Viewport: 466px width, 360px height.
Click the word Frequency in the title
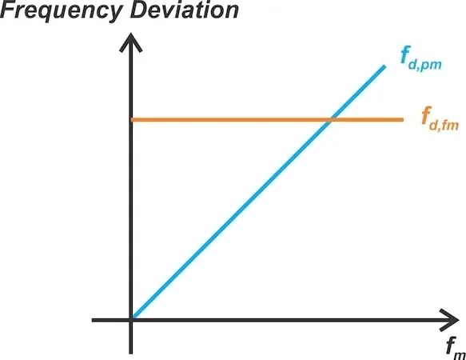point(61,11)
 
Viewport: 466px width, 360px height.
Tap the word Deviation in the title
point(185,10)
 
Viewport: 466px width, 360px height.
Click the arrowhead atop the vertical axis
point(131,42)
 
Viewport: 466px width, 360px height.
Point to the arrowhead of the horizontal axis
point(449,320)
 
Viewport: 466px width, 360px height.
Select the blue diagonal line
point(258,193)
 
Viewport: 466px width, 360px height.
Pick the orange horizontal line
point(267,120)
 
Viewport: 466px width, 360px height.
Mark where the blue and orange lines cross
point(331,120)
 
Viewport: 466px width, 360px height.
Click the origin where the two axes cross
point(131,320)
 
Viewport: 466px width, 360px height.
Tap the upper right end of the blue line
point(384,66)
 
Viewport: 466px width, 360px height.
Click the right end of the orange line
point(403,120)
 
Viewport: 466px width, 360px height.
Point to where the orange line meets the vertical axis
point(131,120)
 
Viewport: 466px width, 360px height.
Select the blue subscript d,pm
point(425,64)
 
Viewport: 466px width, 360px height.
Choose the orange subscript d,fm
point(444,125)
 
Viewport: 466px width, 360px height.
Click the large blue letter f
point(405,55)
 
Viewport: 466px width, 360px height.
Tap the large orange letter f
point(427,115)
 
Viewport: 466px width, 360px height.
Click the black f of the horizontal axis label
point(452,346)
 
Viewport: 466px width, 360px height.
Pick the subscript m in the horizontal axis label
point(460,355)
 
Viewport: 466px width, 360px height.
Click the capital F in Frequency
point(8,10)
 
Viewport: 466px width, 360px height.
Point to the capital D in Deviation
point(140,10)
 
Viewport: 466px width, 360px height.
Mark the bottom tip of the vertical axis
point(131,353)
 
